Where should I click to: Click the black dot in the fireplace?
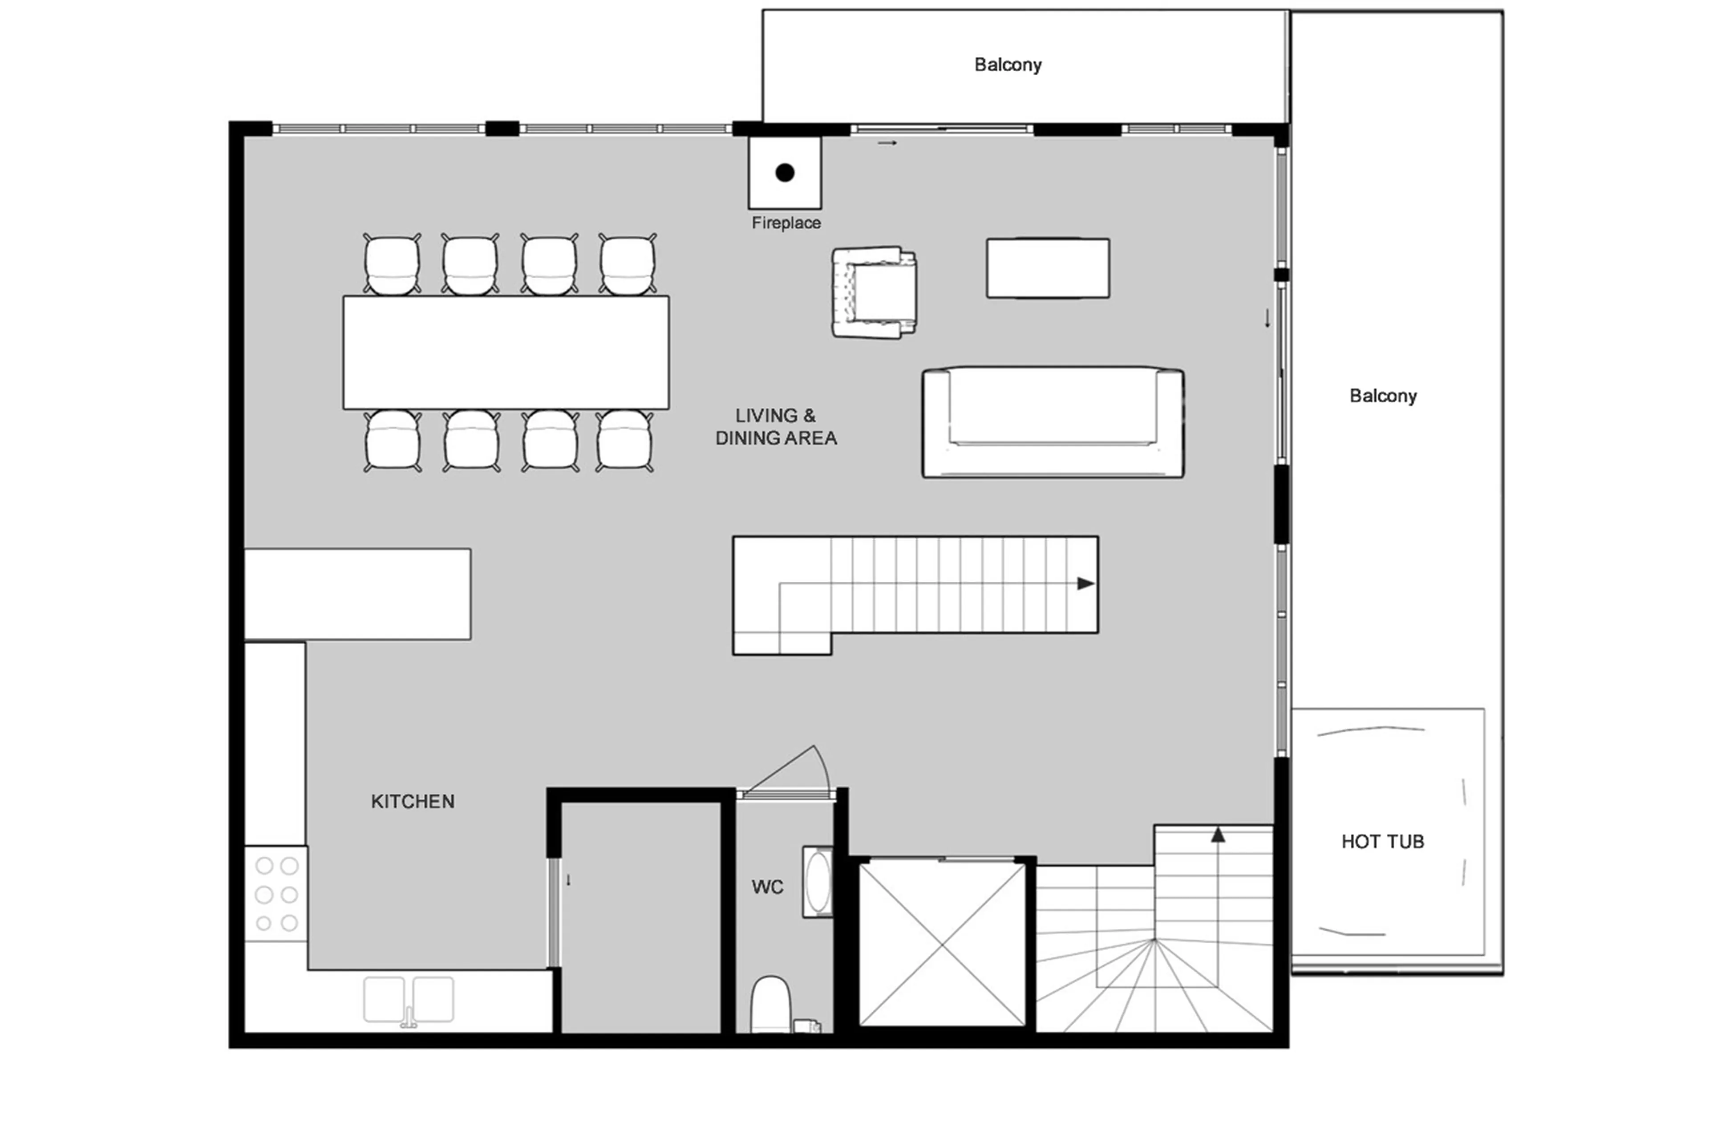click(785, 172)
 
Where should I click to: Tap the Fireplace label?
click(786, 223)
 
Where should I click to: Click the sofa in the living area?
click(1053, 422)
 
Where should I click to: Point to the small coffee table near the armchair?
click(1047, 268)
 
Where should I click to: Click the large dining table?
click(506, 353)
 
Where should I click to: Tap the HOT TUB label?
click(1382, 841)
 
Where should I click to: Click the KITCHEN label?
click(413, 801)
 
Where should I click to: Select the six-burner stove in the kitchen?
click(276, 894)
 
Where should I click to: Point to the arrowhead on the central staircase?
click(1085, 584)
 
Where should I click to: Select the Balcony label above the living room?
click(1008, 65)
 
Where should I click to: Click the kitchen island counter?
click(357, 594)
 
